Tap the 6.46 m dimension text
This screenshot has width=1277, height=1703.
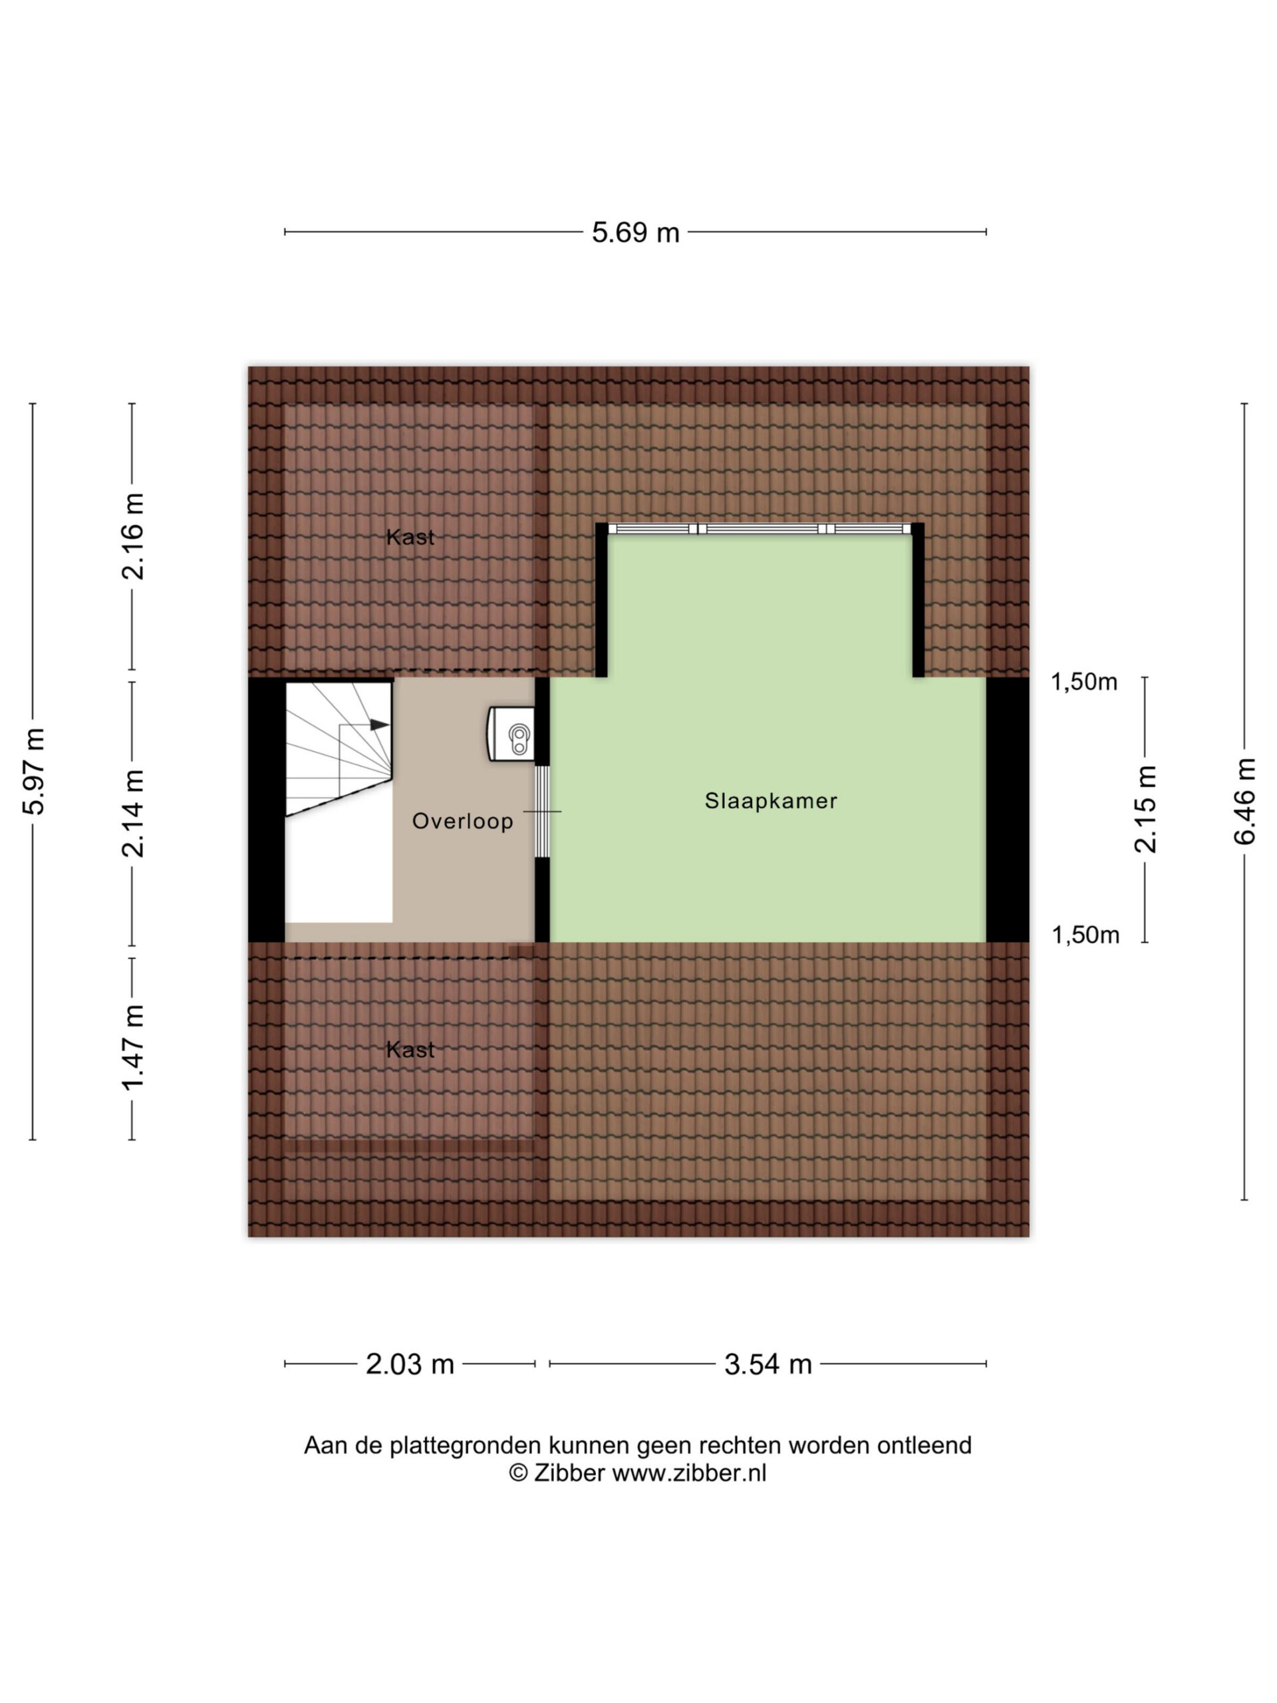(1244, 801)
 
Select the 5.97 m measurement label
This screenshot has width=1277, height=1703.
(34, 770)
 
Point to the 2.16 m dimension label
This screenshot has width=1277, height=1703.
(132, 536)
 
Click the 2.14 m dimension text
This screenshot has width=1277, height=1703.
(132, 813)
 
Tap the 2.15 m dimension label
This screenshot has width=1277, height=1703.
(1145, 808)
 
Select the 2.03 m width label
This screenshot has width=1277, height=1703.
(410, 1365)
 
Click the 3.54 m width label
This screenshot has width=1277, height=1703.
(768, 1365)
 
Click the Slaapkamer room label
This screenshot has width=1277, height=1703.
(770, 801)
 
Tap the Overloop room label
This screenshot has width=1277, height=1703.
(462, 821)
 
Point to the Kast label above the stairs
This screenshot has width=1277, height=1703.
(410, 537)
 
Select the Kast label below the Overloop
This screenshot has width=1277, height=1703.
(410, 1049)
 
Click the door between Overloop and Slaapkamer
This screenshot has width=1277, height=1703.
(543, 812)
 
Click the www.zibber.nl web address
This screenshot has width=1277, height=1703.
(689, 1473)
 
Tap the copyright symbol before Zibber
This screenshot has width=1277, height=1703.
(518, 1473)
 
